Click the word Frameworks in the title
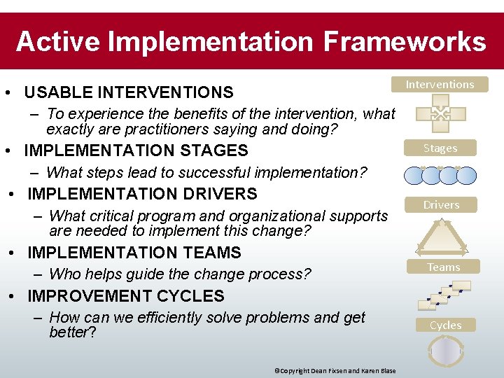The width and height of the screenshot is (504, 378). click(404, 41)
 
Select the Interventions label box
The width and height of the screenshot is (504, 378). click(440, 85)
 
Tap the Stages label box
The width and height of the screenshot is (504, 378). click(440, 148)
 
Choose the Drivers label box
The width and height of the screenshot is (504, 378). click(440, 205)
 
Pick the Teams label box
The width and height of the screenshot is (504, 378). click(443, 267)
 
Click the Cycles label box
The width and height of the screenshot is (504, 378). click(445, 325)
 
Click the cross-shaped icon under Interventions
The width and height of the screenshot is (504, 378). click(440, 113)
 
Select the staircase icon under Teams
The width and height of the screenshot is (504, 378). click(444, 295)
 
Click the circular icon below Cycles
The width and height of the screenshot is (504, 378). click(446, 350)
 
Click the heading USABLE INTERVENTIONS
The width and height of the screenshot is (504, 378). click(129, 92)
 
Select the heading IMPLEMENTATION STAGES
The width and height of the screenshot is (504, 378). click(136, 150)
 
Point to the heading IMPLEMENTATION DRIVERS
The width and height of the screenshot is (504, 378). click(142, 194)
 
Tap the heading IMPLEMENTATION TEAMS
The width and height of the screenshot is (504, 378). click(134, 253)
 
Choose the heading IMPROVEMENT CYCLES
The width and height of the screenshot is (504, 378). click(125, 296)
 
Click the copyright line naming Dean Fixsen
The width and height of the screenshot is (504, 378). click(335, 371)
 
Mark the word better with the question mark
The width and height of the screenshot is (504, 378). click(72, 332)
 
